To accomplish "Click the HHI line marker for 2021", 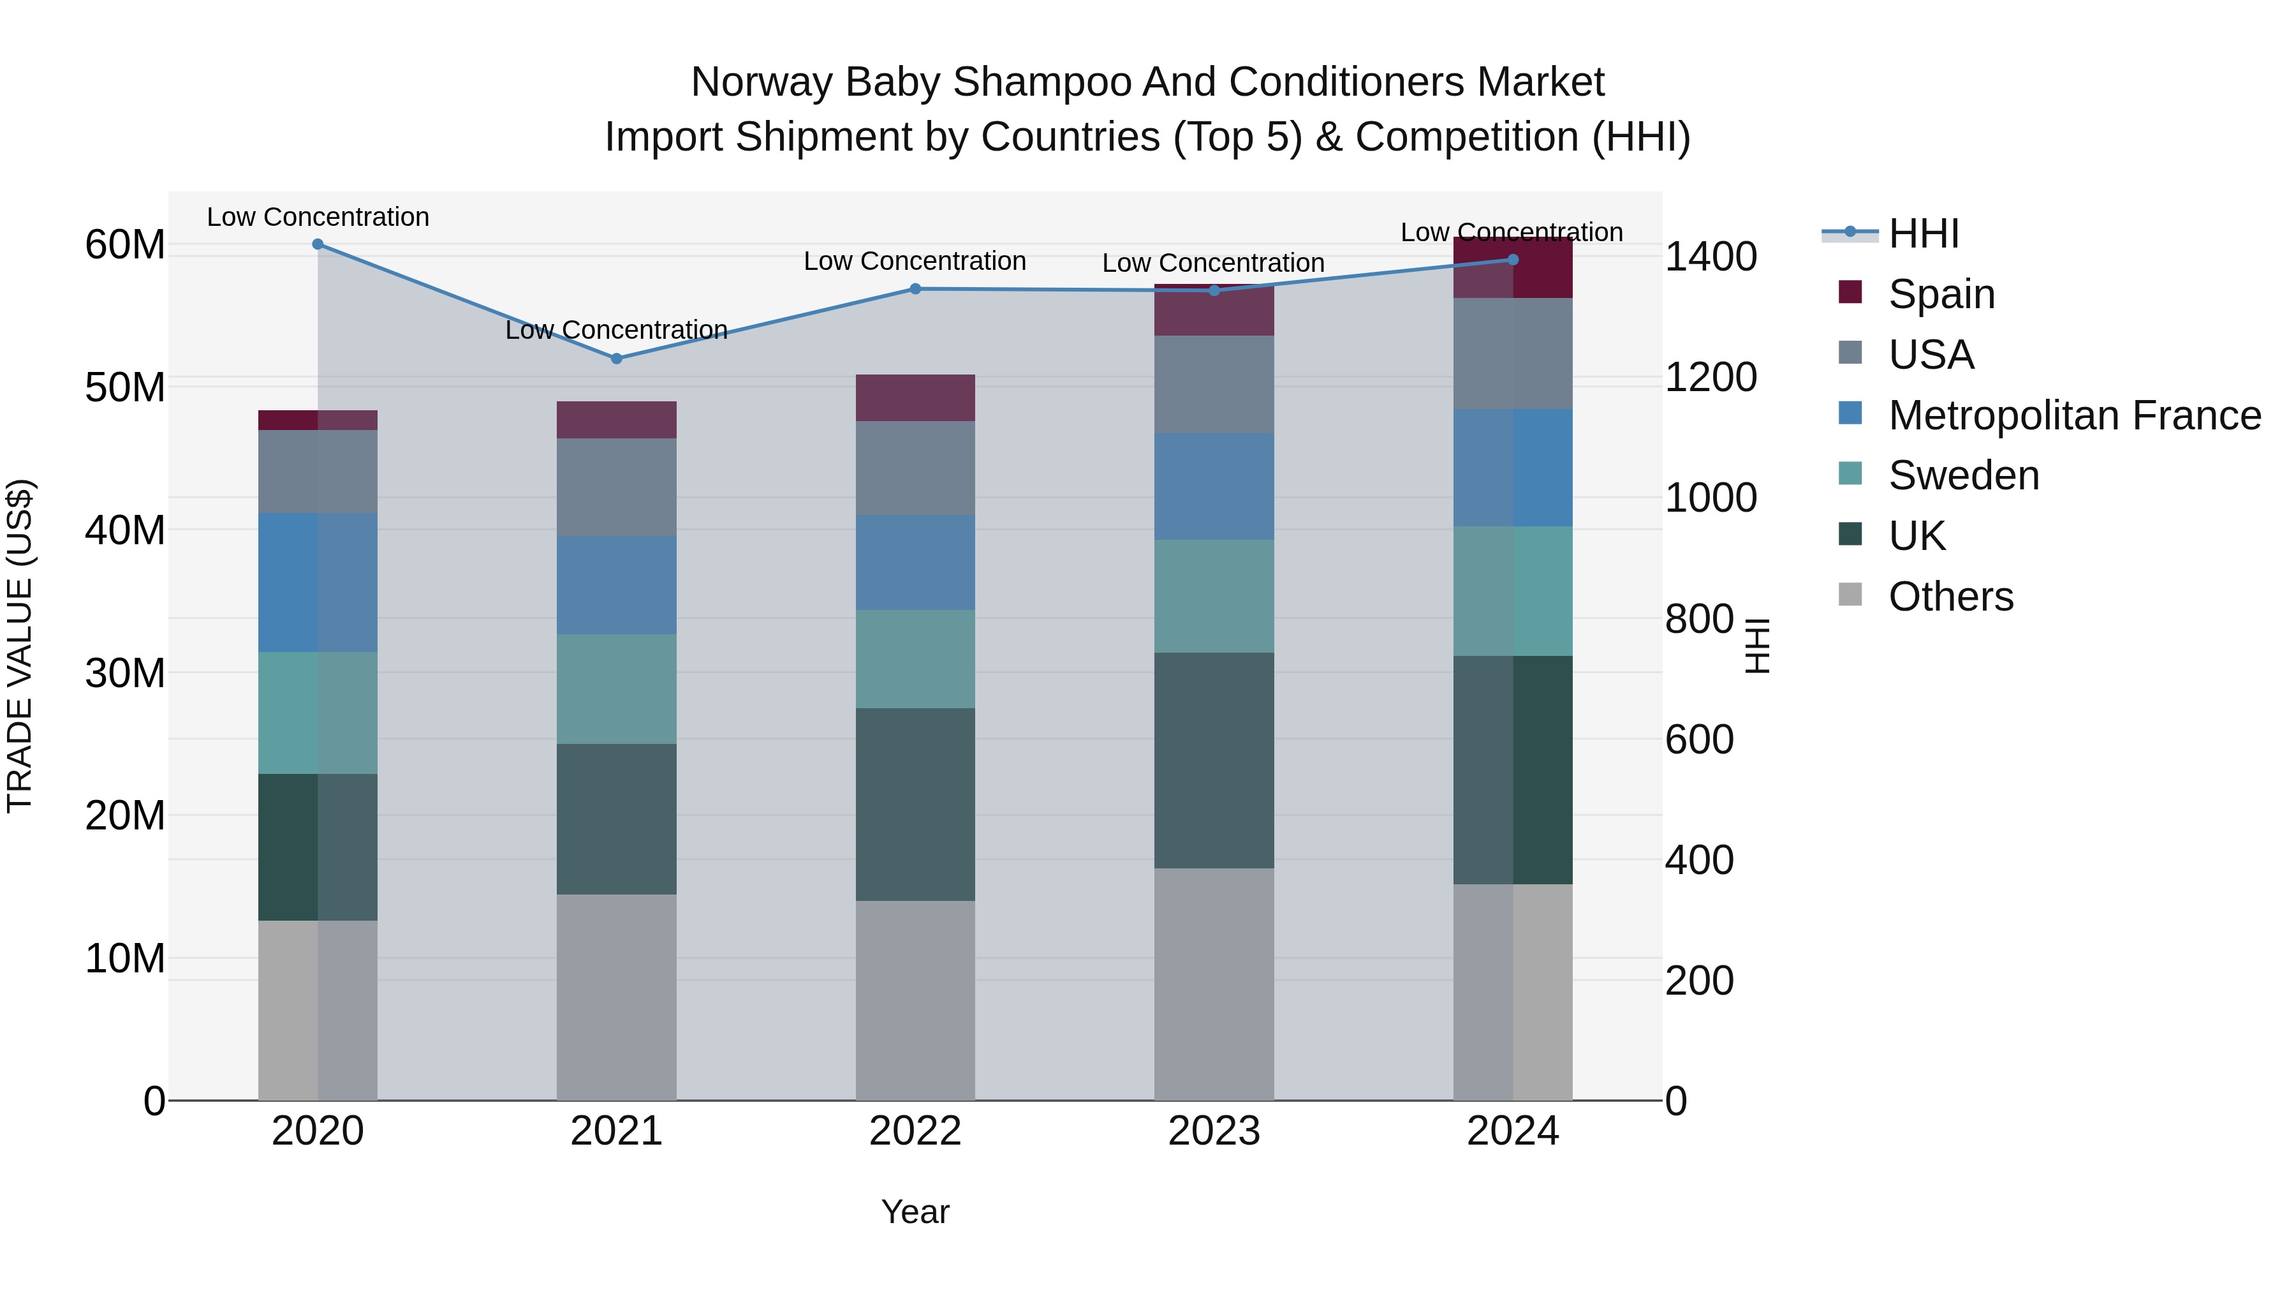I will tap(616, 359).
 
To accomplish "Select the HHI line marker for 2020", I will tap(318, 244).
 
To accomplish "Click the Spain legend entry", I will tap(1940, 294).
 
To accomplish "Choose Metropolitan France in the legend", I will tap(2074, 415).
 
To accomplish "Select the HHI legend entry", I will tap(1922, 234).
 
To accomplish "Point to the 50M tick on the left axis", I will tap(125, 388).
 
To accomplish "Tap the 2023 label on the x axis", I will tap(1213, 1131).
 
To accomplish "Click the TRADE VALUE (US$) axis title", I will tap(20, 646).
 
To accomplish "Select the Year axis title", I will tap(915, 1212).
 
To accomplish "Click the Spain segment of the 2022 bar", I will tap(915, 397).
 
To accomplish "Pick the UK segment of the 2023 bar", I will tap(1213, 760).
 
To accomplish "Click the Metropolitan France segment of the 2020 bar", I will tap(318, 583).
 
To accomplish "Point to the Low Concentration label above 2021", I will tap(616, 330).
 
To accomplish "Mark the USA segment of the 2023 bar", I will tap(1213, 384).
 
